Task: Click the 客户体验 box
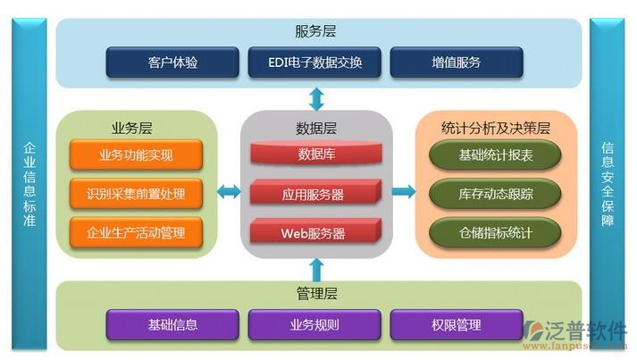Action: click(172, 63)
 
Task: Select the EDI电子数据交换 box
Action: click(314, 63)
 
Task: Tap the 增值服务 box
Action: click(456, 63)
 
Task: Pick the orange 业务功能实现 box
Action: click(137, 155)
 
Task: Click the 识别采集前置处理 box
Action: click(137, 194)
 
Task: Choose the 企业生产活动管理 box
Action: click(137, 233)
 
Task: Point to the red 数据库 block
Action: click(316, 155)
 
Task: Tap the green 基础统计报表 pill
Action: click(495, 155)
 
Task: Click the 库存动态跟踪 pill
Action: click(495, 194)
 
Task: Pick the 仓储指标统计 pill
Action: click(495, 233)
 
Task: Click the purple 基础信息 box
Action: click(172, 324)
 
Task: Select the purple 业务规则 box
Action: click(314, 324)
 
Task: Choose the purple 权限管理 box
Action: click(456, 324)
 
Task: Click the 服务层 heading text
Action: click(315, 31)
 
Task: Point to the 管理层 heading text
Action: click(315, 293)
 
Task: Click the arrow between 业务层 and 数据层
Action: click(230, 191)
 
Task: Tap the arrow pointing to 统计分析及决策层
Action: click(404, 191)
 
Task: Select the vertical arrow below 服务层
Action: click(315, 97)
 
